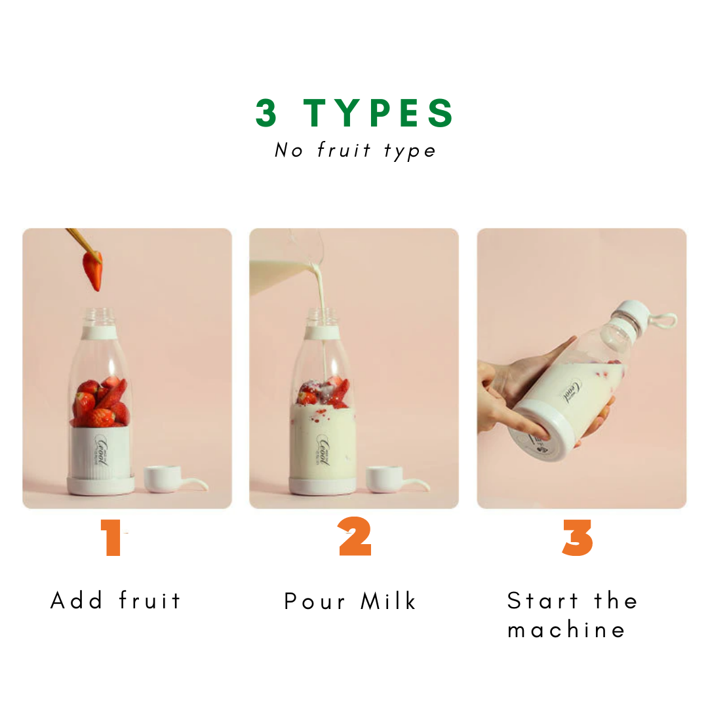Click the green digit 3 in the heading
266,113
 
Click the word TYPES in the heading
378,113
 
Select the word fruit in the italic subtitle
344,149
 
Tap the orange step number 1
111,538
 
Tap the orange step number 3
578,538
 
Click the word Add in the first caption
76,600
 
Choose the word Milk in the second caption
388,601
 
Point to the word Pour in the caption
315,601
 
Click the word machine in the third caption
566,629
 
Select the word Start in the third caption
542,600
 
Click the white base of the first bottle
101,484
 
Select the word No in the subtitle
288,150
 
